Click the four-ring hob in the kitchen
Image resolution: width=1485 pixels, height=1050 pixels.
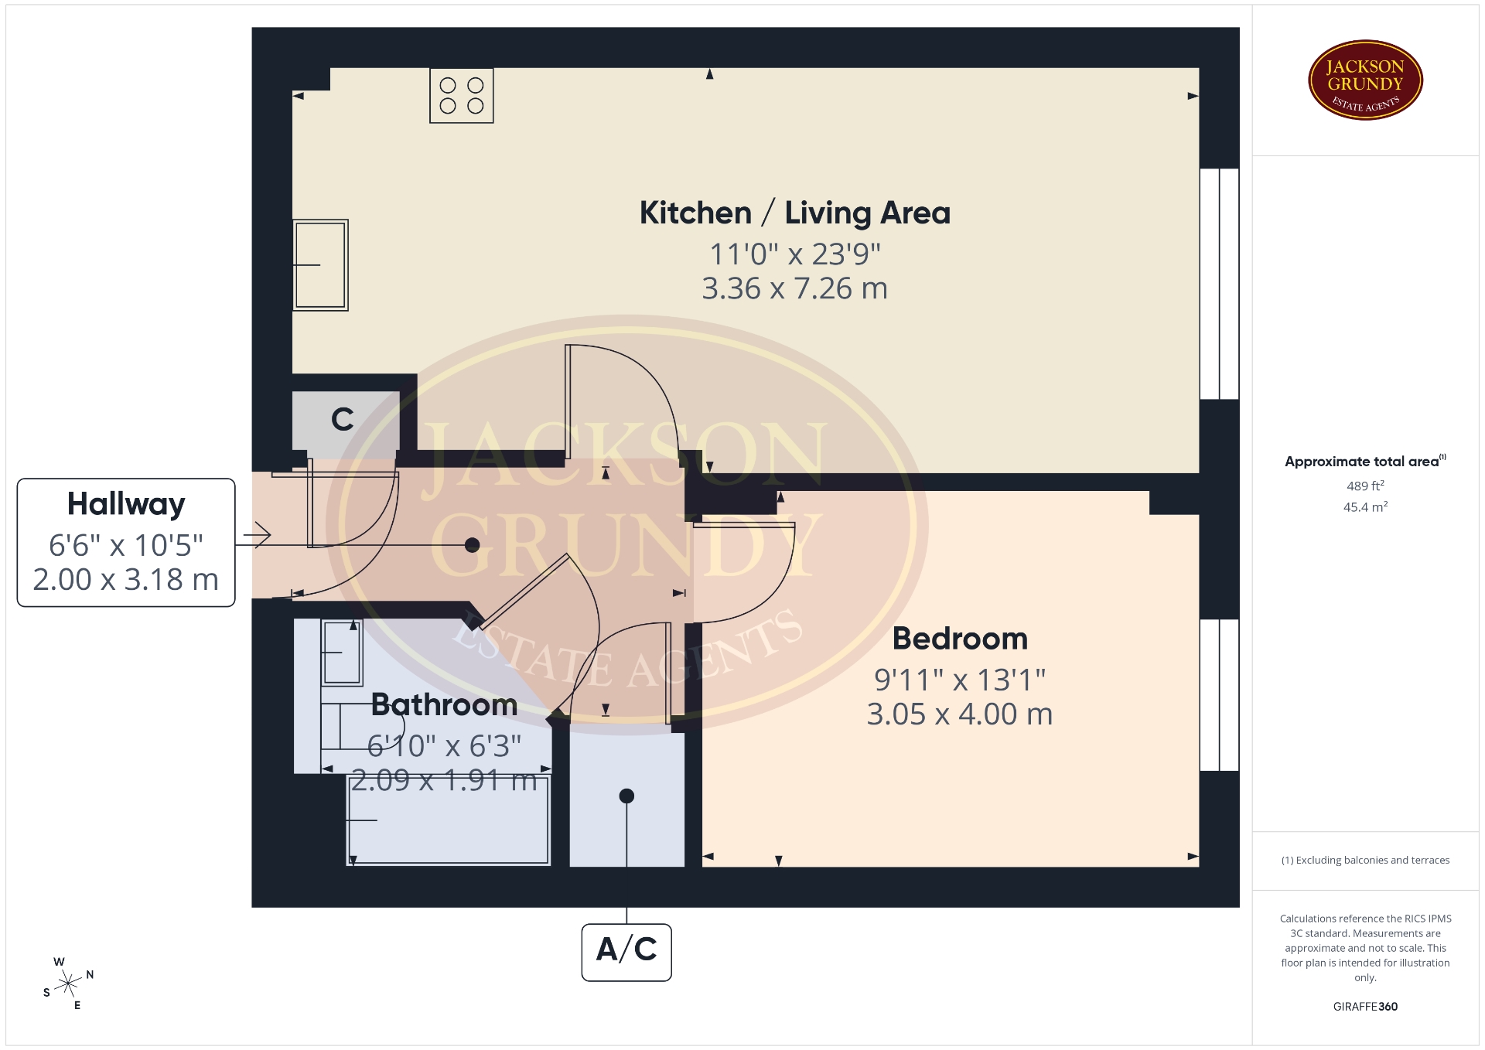coord(462,96)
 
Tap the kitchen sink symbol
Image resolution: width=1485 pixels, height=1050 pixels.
coord(320,265)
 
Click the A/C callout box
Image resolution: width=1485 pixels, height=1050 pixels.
coord(626,952)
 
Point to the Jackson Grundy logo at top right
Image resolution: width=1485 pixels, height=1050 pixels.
coord(1365,80)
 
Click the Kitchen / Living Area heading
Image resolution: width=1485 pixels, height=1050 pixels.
coord(795,213)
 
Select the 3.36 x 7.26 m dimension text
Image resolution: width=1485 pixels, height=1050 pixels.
coord(795,288)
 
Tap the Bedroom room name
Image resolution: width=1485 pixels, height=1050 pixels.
coord(960,639)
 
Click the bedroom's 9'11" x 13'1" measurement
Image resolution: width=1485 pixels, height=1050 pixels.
coord(960,680)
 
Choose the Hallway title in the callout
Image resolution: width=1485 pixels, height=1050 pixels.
coord(126,505)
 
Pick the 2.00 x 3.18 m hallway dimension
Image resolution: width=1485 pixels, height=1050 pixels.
coord(126,579)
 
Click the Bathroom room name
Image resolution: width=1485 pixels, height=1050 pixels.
coord(444,704)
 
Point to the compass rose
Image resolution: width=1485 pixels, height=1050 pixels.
coord(69,984)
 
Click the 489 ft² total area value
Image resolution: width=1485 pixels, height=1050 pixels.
coord(1365,486)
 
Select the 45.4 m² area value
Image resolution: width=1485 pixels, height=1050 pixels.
coord(1365,507)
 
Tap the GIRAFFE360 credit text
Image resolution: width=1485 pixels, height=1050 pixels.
coord(1365,1007)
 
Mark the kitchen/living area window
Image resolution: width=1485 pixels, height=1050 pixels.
coord(1220,284)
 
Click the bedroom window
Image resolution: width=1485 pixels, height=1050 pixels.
coord(1220,695)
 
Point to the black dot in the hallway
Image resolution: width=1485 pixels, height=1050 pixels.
coord(472,545)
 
